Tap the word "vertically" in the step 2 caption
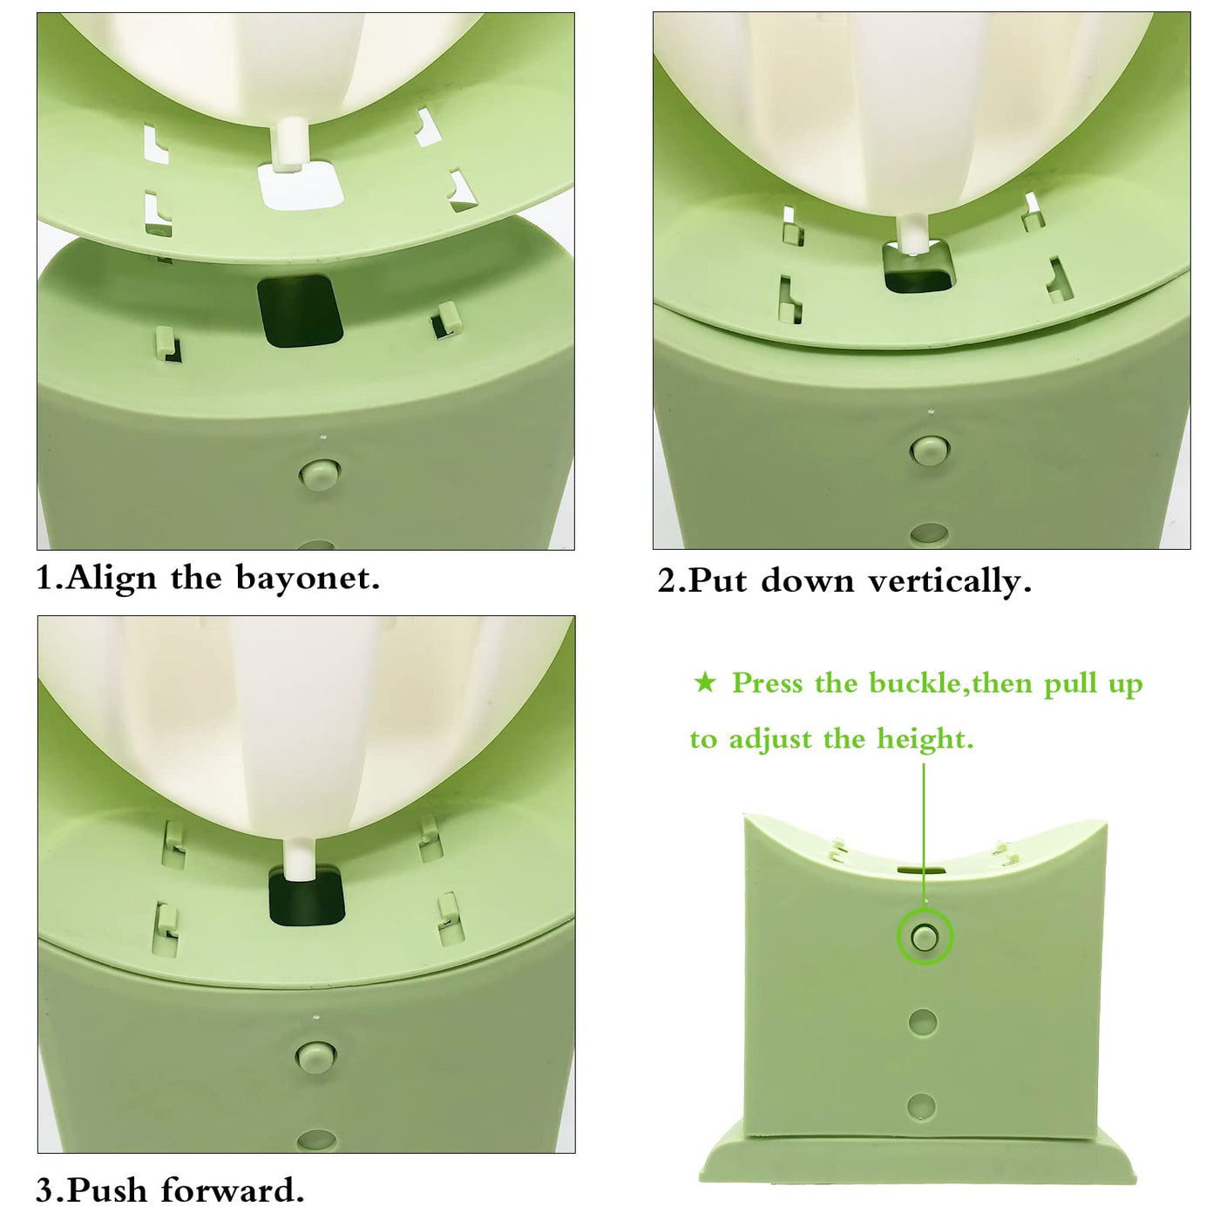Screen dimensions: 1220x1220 949,581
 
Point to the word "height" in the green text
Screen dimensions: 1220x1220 925,740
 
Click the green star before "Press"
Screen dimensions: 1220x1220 705,683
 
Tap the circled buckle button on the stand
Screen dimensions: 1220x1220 925,938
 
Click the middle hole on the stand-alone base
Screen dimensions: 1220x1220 923,1022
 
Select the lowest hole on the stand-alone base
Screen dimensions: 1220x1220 921,1106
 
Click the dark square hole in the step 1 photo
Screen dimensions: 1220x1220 300,311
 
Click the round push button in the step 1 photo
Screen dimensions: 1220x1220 319,473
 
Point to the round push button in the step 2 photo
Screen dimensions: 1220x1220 930,451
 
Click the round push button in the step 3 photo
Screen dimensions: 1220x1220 316,1057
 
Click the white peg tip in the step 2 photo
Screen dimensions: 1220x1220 913,235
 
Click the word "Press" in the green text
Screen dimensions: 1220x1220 769,683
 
